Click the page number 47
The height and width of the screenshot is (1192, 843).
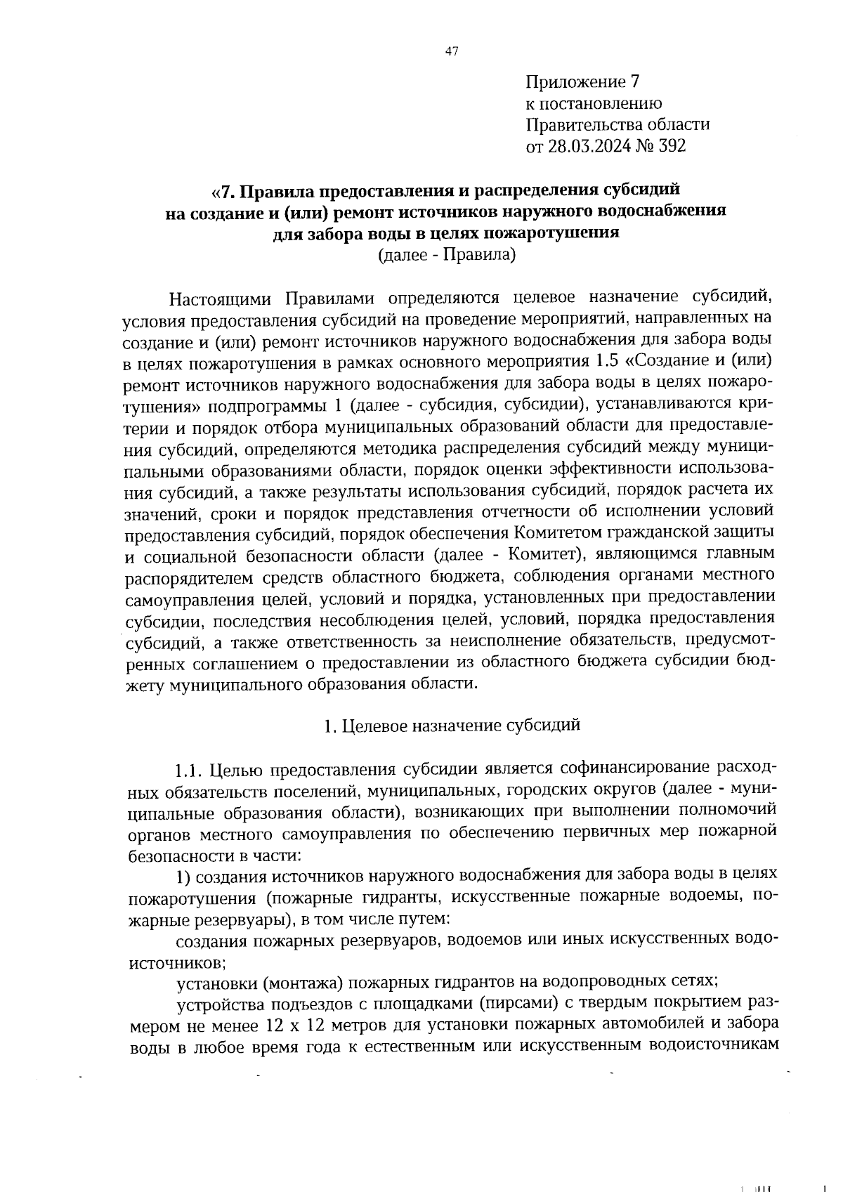[452, 51]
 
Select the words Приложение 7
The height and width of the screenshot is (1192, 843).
[583, 82]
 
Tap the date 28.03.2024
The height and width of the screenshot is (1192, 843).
[596, 146]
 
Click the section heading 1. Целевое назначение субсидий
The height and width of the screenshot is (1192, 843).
[452, 726]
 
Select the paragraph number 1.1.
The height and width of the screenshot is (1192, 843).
[190, 771]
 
